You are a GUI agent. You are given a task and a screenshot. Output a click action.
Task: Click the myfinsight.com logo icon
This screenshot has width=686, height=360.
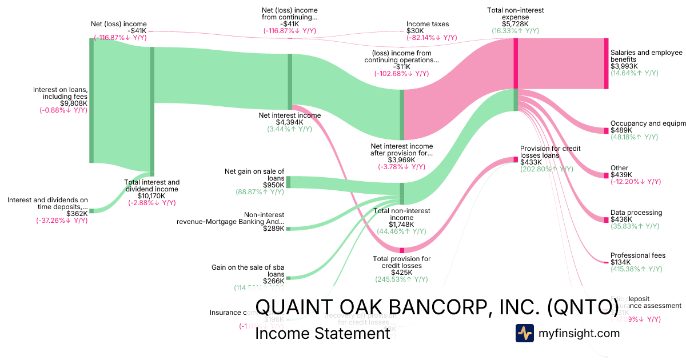pyautogui.click(x=524, y=333)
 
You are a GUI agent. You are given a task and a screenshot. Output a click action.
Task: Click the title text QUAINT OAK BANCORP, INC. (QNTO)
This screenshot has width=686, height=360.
pyautogui.click(x=436, y=307)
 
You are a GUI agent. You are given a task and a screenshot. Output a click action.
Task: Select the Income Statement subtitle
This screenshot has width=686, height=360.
pyautogui.click(x=322, y=334)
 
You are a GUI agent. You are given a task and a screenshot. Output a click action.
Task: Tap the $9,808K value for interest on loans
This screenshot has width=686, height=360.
pyautogui.click(x=74, y=103)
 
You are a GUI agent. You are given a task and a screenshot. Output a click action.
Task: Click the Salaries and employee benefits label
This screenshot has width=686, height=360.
pyautogui.click(x=646, y=56)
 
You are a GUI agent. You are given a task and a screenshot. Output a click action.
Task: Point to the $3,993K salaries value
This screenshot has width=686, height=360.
pyautogui.click(x=624, y=66)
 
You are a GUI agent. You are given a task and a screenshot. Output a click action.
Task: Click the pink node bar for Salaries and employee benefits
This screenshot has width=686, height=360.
pyautogui.click(x=607, y=63)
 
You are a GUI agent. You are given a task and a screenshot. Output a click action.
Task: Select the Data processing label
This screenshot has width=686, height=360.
pyautogui.click(x=636, y=213)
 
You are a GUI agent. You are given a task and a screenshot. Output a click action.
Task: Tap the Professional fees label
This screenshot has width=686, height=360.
pyautogui.click(x=637, y=255)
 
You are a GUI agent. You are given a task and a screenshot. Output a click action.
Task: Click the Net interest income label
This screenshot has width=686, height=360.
pyautogui.click(x=290, y=115)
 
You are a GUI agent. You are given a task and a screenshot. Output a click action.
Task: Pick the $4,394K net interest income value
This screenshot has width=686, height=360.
pyautogui.click(x=290, y=122)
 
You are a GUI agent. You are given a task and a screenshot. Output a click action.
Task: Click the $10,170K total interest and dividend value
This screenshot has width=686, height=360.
pyautogui.click(x=152, y=196)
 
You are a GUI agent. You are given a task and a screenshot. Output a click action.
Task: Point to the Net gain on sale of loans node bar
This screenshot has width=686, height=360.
pyautogui.click(x=288, y=182)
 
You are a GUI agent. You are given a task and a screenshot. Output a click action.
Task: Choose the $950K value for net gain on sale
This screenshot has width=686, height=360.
pyautogui.click(x=273, y=185)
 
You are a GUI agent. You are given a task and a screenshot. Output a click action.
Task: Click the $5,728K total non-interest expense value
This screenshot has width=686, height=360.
pyautogui.click(x=516, y=25)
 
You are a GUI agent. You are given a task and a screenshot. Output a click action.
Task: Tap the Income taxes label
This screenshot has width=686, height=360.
pyautogui.click(x=428, y=24)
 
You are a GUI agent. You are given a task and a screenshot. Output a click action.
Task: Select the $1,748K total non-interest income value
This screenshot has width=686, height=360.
pyautogui.click(x=401, y=225)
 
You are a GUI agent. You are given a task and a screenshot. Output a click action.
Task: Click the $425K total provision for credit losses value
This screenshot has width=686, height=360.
pyautogui.click(x=401, y=273)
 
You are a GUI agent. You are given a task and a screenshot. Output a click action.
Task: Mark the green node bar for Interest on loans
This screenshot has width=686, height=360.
pyautogui.click(x=91, y=101)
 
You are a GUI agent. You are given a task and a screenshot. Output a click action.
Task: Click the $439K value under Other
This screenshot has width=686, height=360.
pyautogui.click(x=621, y=175)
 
